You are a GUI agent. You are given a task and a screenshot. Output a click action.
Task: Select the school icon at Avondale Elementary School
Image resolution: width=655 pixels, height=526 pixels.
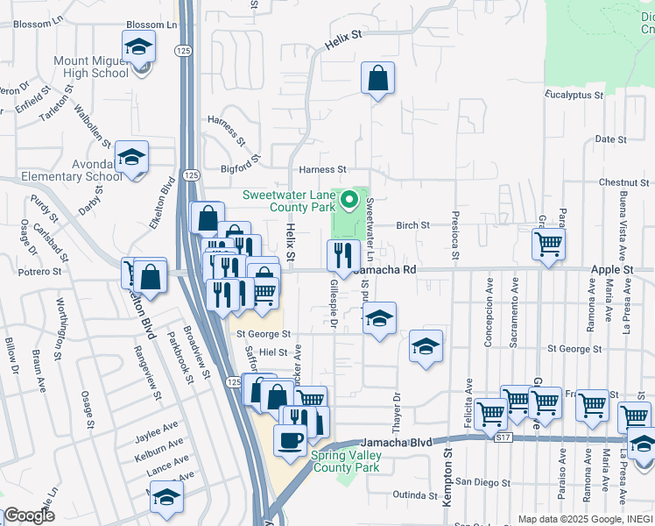[131, 157]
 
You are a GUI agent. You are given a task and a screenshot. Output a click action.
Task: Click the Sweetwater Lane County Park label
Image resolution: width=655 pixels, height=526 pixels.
[290, 201]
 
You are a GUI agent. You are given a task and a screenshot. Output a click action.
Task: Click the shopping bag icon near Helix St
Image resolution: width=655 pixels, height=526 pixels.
[377, 78]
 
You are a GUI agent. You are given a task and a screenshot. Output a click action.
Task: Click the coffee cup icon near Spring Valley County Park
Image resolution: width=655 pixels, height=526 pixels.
[290, 440]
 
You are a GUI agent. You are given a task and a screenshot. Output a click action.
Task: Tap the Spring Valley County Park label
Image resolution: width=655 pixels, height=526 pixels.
[348, 461]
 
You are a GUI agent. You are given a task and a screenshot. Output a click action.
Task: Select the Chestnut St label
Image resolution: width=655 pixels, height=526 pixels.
[623, 182]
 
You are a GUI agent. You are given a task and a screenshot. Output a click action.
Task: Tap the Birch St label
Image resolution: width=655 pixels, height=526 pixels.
[412, 224]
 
